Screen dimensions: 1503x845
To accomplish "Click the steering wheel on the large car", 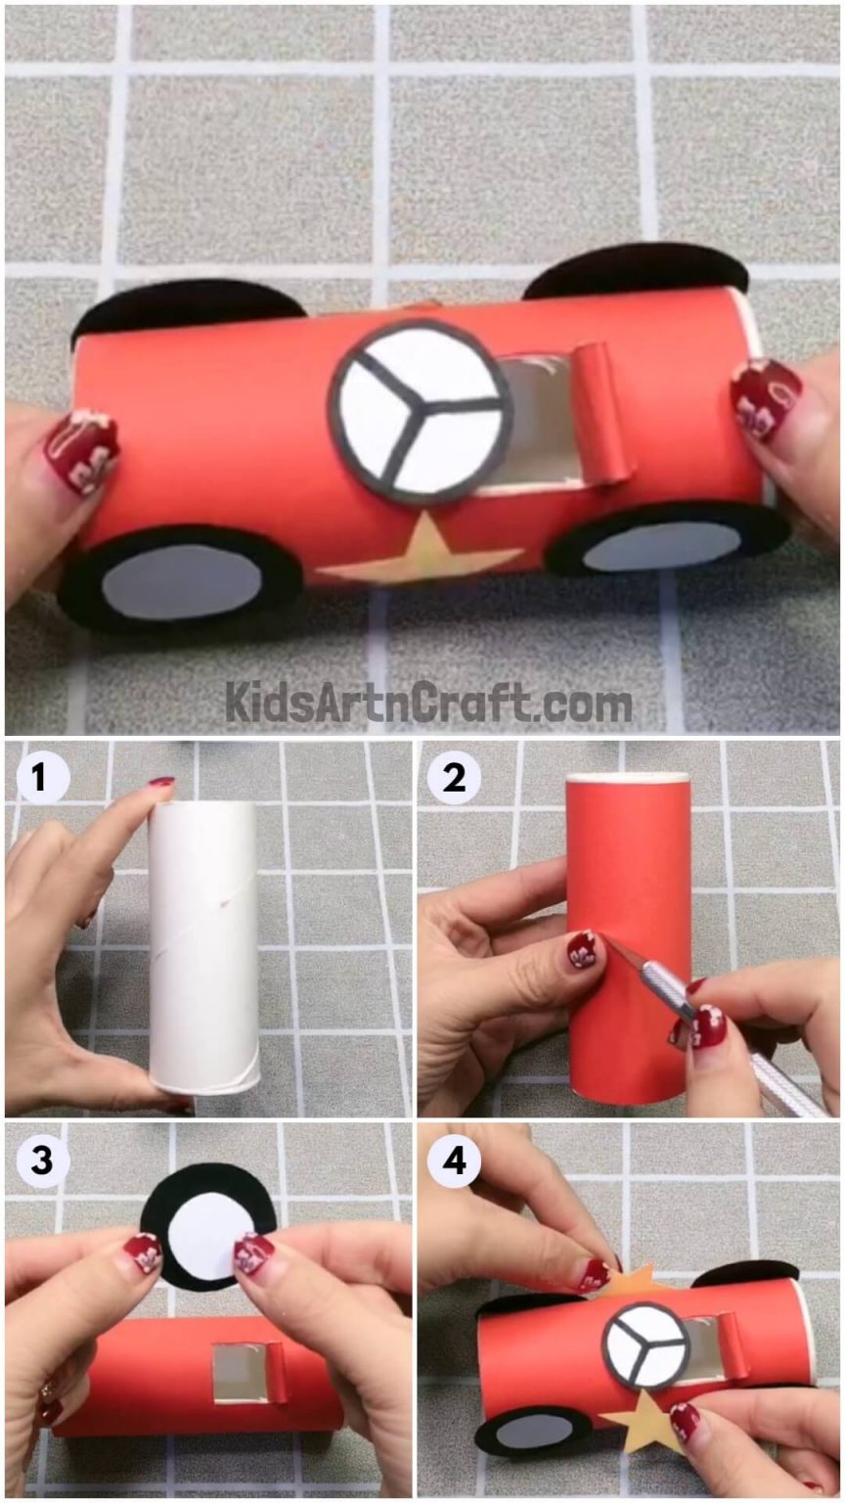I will (x=421, y=411).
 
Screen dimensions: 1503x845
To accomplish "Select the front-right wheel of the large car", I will (x=667, y=539).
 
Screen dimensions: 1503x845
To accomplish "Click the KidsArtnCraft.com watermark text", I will (x=428, y=703).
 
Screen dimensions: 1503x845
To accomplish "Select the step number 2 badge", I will (x=454, y=779).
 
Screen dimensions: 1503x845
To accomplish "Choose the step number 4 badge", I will (x=454, y=1161).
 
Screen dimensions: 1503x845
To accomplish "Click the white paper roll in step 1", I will (x=203, y=946).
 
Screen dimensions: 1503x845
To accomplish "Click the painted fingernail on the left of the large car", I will (x=81, y=450).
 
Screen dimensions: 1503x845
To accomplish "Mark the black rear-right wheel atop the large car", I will (x=637, y=269).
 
